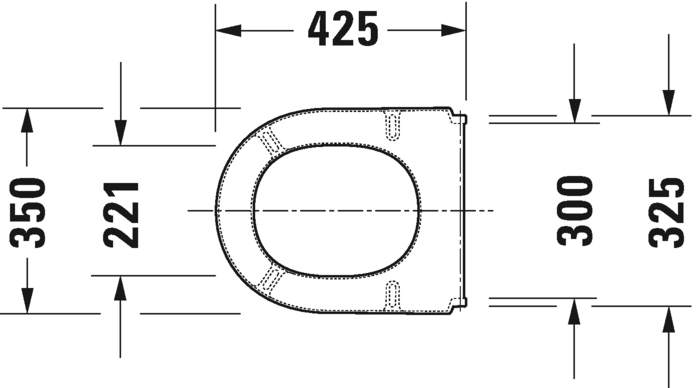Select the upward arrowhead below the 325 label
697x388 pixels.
click(667, 319)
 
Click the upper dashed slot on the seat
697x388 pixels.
click(394, 123)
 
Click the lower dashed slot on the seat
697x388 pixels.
click(394, 296)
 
